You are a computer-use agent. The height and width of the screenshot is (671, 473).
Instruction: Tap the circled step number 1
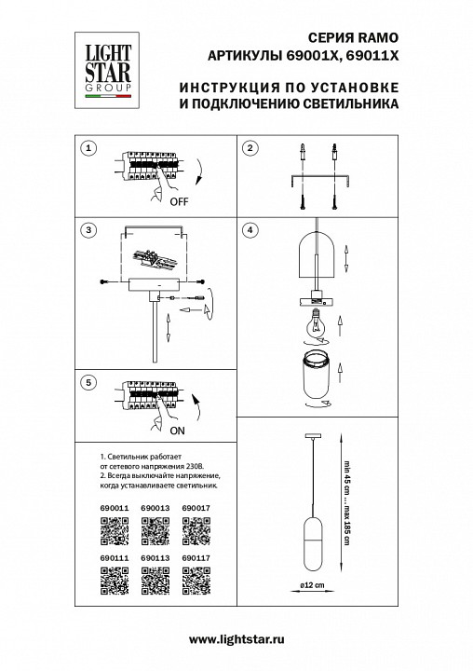coord(88,149)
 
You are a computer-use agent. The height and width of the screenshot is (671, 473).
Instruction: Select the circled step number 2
coord(250,149)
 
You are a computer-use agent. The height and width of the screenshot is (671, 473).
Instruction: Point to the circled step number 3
coord(88,229)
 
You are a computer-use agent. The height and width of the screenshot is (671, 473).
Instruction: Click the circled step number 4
coord(250,229)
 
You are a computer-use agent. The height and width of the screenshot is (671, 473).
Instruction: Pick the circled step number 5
coord(88,382)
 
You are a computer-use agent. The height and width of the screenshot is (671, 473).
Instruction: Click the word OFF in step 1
coord(180,200)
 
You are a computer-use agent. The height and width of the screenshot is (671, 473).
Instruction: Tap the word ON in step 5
coord(176,432)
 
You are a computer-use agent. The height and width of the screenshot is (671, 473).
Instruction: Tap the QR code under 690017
coord(196,530)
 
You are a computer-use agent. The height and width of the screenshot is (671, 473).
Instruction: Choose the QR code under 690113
coord(155,582)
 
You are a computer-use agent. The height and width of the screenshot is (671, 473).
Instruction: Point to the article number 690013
coord(155,508)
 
